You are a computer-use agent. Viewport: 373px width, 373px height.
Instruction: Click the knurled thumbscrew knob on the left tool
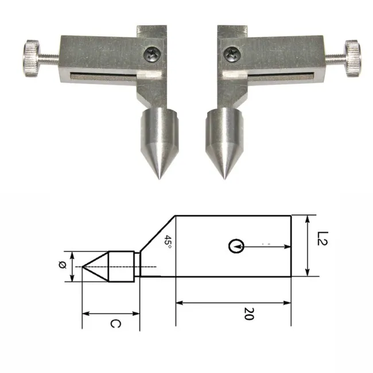32,59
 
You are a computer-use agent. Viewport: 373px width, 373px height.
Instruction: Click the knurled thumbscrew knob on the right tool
353,59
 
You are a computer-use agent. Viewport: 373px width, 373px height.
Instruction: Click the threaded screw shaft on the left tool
49,59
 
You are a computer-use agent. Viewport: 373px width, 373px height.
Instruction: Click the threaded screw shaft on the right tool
336,59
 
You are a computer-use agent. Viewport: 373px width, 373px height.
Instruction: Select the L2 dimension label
323,238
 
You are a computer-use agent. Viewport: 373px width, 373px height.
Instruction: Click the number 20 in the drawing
249,314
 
